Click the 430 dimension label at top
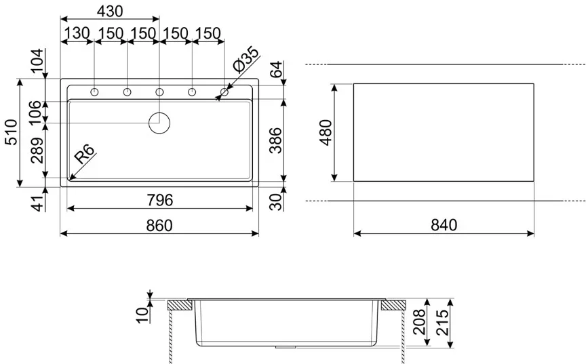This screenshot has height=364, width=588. pyautogui.click(x=109, y=12)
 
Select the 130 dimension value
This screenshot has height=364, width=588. pyautogui.click(x=77, y=33)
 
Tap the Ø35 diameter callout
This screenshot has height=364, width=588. pyautogui.click(x=246, y=59)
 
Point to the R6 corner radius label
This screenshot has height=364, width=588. pyautogui.click(x=84, y=154)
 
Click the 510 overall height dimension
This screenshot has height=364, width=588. pyautogui.click(x=12, y=132)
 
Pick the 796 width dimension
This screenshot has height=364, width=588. pyautogui.click(x=160, y=200)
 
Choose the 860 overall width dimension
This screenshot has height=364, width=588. pyautogui.click(x=159, y=225)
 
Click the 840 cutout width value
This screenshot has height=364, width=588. pyautogui.click(x=444, y=225)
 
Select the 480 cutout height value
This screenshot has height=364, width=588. pyautogui.click(x=326, y=132)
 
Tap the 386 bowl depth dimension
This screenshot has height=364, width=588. pyautogui.click(x=275, y=140)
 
